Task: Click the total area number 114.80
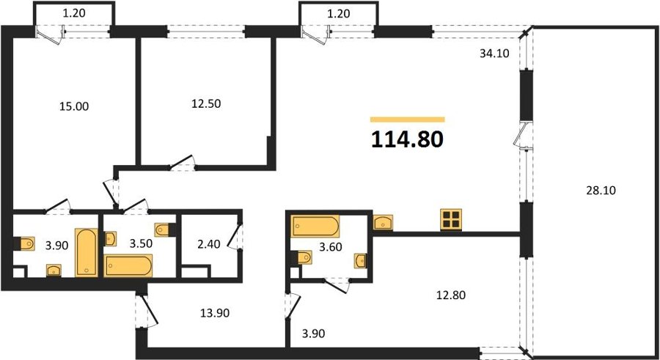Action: tap(407, 139)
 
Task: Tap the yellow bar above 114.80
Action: tap(408, 120)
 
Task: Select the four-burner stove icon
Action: tap(451, 219)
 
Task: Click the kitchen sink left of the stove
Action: tap(383, 222)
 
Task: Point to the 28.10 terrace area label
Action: tap(601, 191)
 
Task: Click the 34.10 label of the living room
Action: tap(494, 54)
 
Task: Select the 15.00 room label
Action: tap(74, 106)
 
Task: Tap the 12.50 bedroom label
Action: tap(206, 103)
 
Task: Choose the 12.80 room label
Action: tap(451, 295)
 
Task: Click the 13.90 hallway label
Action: tap(215, 313)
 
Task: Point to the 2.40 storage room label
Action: tap(209, 244)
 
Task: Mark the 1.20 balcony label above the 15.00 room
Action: tap(74, 13)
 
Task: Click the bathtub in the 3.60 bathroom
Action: tap(315, 227)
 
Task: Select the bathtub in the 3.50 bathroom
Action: tap(128, 265)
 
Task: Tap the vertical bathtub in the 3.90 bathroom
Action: tap(87, 253)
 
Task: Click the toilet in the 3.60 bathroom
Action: tap(302, 257)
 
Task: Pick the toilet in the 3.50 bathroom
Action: tap(164, 230)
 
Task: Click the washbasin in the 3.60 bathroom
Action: tap(360, 260)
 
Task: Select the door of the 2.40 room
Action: tap(235, 236)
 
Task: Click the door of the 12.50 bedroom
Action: tap(182, 163)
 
